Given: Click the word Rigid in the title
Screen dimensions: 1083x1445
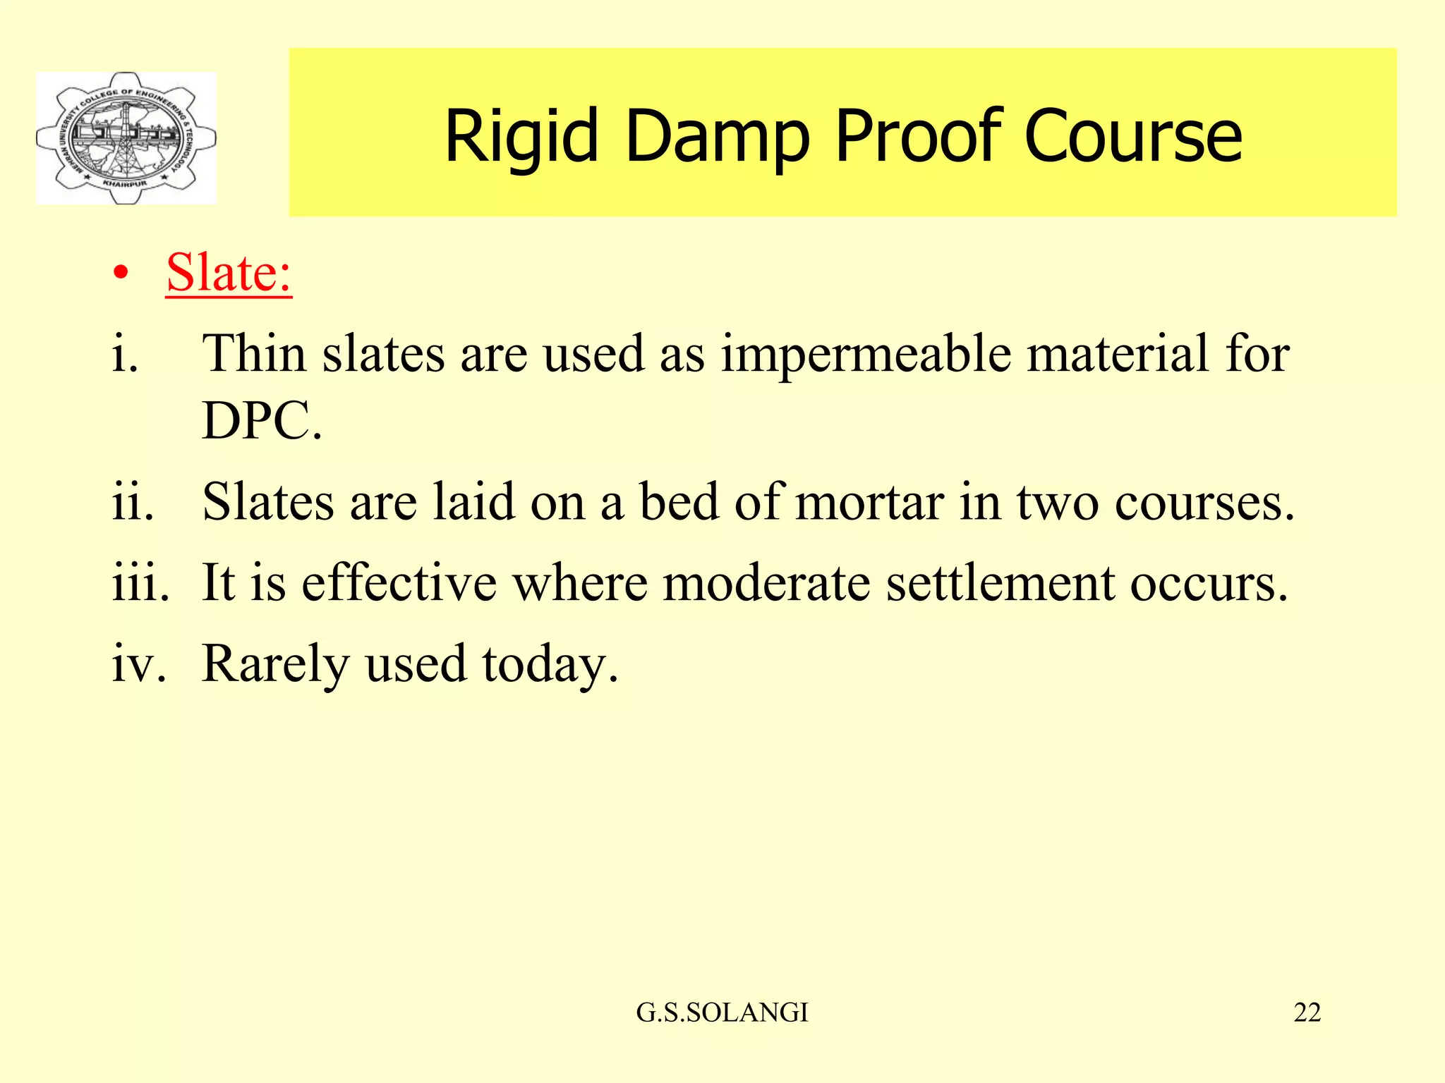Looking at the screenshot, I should (x=521, y=136).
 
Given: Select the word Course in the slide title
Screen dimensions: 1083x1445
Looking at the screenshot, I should (x=1132, y=136).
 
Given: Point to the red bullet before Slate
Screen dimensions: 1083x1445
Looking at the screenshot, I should (x=121, y=274).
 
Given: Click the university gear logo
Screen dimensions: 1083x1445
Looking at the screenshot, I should (x=126, y=138).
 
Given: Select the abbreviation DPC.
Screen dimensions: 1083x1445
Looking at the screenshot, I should (x=261, y=421).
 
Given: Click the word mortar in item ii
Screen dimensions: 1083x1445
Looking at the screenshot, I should (x=869, y=503).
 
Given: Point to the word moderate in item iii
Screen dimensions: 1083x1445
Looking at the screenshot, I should (x=766, y=583).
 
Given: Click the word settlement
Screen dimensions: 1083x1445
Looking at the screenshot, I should (x=1000, y=583).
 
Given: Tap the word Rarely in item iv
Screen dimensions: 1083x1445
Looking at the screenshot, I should (x=275, y=664).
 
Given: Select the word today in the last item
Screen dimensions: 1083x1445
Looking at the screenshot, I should (x=550, y=664).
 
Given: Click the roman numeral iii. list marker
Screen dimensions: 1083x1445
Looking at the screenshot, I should (x=140, y=583).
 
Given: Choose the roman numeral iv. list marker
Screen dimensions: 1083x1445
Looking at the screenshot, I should (x=139, y=664).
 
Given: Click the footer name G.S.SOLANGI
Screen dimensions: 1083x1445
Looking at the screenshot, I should (x=722, y=1012).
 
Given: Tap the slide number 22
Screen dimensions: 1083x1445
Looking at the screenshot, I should (x=1307, y=1012).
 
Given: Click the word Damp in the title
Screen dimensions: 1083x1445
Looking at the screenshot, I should (x=717, y=136).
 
